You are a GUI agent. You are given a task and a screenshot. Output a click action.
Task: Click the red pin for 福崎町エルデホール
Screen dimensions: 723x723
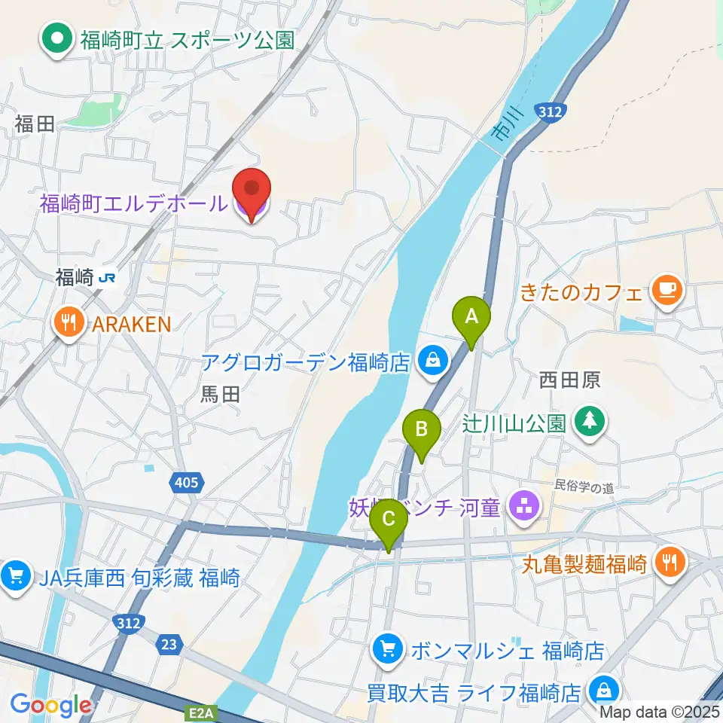point(252,192)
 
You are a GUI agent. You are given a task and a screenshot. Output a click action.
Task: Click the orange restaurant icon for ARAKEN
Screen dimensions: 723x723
point(69,325)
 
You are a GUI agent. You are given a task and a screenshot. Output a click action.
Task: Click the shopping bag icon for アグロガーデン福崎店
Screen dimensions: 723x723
point(433,361)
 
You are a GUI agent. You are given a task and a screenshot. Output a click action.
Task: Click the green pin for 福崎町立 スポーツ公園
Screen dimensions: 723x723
point(57,38)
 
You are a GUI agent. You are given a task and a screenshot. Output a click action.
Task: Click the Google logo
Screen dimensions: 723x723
point(50,705)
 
